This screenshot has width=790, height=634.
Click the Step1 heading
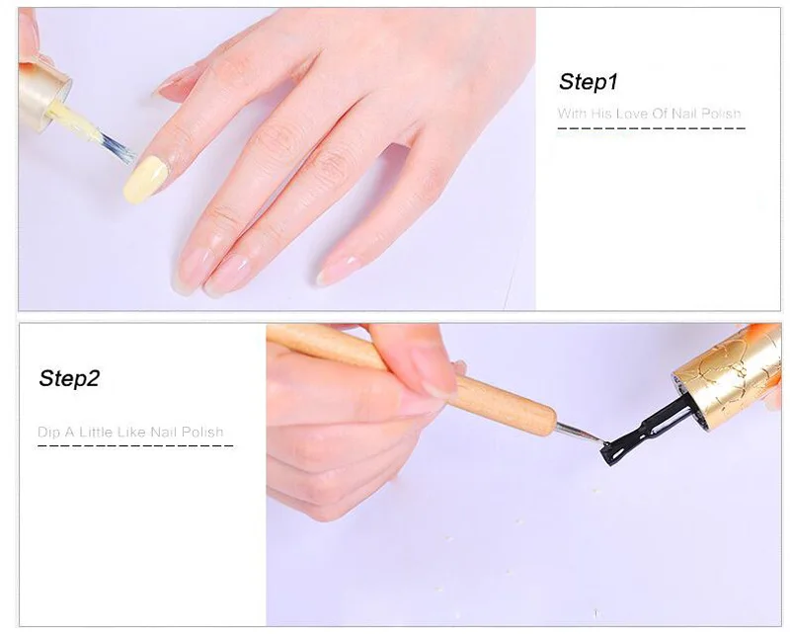(588, 82)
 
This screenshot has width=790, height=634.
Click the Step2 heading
(69, 378)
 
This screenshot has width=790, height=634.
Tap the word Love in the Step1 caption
(632, 114)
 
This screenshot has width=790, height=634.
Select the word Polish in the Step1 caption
(721, 114)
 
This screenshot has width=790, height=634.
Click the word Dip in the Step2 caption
(49, 433)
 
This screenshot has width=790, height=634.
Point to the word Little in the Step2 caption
(95, 432)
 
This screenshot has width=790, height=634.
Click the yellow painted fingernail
(144, 180)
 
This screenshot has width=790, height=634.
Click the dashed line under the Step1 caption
(651, 128)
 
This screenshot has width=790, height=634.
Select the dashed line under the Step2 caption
(135, 446)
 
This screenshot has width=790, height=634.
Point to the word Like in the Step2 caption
(131, 432)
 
